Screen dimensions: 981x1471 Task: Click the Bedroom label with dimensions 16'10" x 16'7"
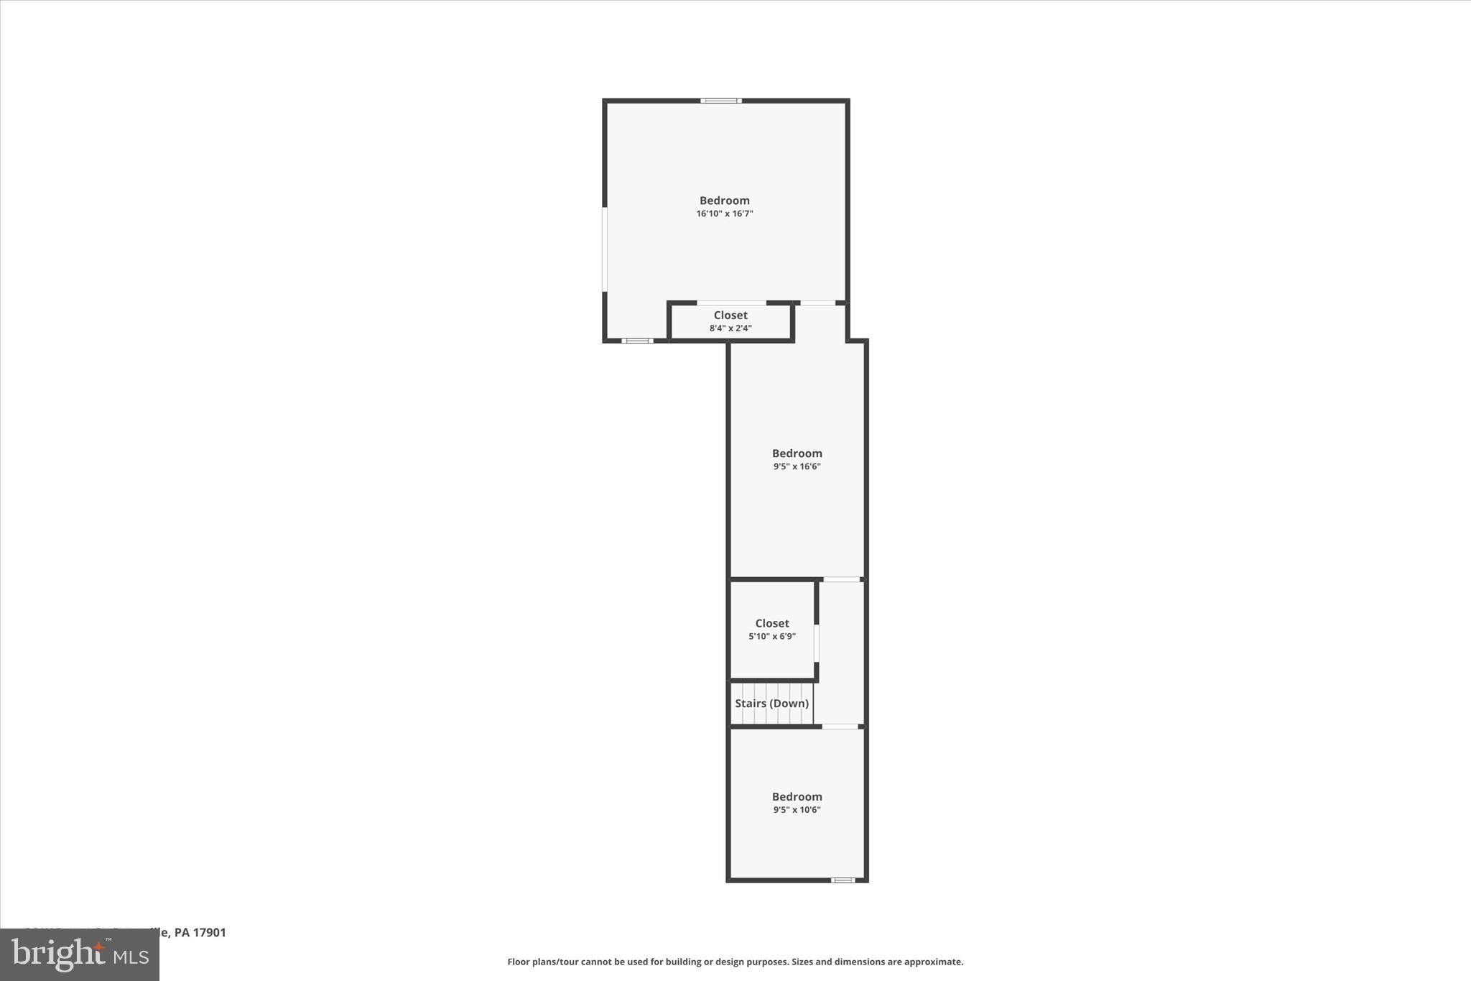(x=724, y=201)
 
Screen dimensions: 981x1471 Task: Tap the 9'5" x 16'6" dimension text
(x=797, y=466)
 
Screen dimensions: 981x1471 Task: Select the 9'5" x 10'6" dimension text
(x=797, y=810)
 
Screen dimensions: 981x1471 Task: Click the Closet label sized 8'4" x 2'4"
(x=730, y=316)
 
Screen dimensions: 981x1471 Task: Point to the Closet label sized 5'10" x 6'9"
(x=772, y=624)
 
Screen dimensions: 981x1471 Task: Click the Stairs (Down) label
(x=771, y=704)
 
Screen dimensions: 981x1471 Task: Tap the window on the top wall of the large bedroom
(x=721, y=101)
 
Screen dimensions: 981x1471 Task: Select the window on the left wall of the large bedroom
(x=605, y=249)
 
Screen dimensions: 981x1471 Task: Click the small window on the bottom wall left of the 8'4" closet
(x=637, y=341)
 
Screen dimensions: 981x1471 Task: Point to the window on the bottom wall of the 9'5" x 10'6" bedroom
(x=843, y=880)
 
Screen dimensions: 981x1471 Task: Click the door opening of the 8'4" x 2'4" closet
(x=731, y=303)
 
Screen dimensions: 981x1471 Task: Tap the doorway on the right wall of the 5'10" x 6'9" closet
(x=816, y=643)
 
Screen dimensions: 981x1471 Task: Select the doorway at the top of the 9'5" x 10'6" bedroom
(x=840, y=727)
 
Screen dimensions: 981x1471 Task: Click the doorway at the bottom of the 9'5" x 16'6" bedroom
(x=841, y=579)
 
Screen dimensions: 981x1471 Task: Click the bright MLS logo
(x=80, y=955)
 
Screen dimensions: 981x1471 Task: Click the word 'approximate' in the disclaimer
(x=933, y=962)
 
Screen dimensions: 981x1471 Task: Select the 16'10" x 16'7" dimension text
(x=724, y=214)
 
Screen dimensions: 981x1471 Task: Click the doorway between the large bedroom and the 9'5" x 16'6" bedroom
(x=817, y=303)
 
